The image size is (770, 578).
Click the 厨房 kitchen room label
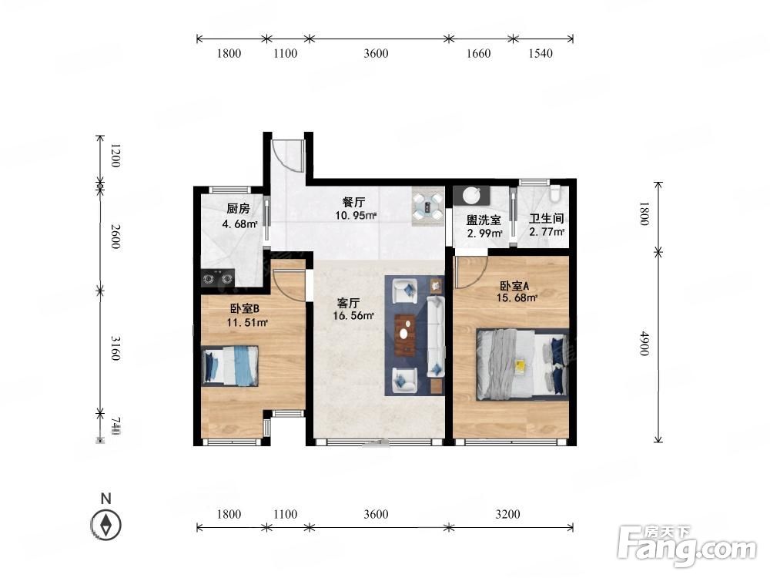pyautogui.click(x=238, y=208)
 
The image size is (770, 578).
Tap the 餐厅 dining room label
pyautogui.click(x=354, y=201)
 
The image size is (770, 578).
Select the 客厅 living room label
pyautogui.click(x=349, y=303)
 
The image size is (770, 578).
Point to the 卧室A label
pyautogui.click(x=514, y=286)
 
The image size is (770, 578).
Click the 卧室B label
pyautogui.click(x=245, y=309)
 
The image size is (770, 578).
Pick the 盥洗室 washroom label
pyautogui.click(x=484, y=220)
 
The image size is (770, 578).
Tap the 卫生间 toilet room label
pyautogui.click(x=546, y=218)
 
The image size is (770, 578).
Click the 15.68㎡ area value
pyautogui.click(x=517, y=297)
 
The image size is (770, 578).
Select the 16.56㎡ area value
pyautogui.click(x=353, y=316)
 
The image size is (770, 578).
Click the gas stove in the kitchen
pyautogui.click(x=218, y=278)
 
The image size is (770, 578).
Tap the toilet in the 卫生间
pyautogui.click(x=556, y=193)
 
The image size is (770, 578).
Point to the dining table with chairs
pyautogui.click(x=427, y=207)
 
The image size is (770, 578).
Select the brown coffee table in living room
pyautogui.click(x=405, y=334)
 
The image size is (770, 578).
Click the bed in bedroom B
pyautogui.click(x=230, y=366)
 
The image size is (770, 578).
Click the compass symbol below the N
pyautogui.click(x=105, y=525)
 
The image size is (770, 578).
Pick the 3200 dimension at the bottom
pyautogui.click(x=507, y=514)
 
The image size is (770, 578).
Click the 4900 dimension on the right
pyautogui.click(x=644, y=344)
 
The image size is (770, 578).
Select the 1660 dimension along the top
pyautogui.click(x=478, y=53)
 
